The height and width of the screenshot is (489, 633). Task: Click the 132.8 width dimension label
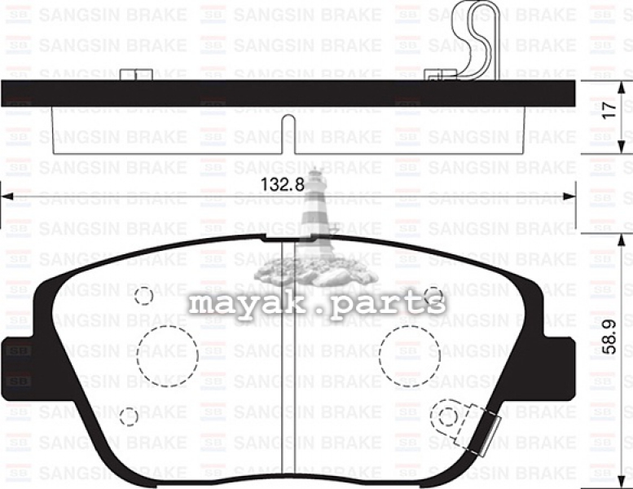[x=282, y=185]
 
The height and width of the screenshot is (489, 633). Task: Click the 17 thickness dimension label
[x=610, y=110]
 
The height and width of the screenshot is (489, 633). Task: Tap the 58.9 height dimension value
[x=609, y=337]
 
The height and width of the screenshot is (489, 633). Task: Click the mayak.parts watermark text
[x=317, y=304]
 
